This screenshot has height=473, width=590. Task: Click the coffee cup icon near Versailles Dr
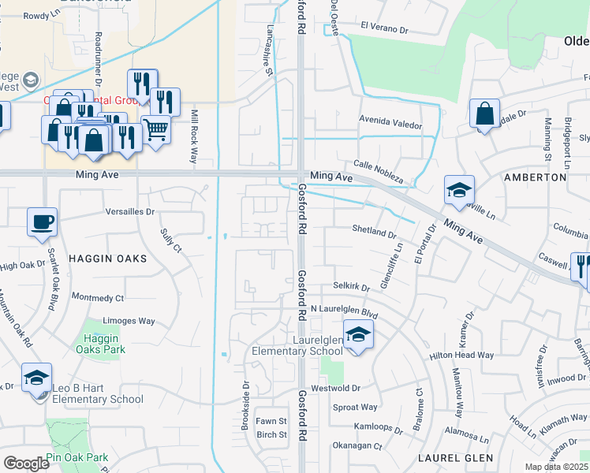tap(42, 222)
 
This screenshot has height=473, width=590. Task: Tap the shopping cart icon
tap(156, 128)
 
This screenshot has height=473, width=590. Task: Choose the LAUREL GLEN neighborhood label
tap(457, 457)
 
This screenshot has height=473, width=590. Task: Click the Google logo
tap(26, 463)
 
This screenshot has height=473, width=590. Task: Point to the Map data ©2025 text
tap(556, 467)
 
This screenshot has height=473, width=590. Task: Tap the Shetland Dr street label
tap(374, 233)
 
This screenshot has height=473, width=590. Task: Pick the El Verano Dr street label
tap(384, 27)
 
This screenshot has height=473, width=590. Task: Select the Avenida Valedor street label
tap(390, 125)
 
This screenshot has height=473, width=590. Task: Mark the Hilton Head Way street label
tap(461, 356)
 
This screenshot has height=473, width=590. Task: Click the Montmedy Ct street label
tap(98, 298)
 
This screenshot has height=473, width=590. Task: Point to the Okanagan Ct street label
tap(357, 445)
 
